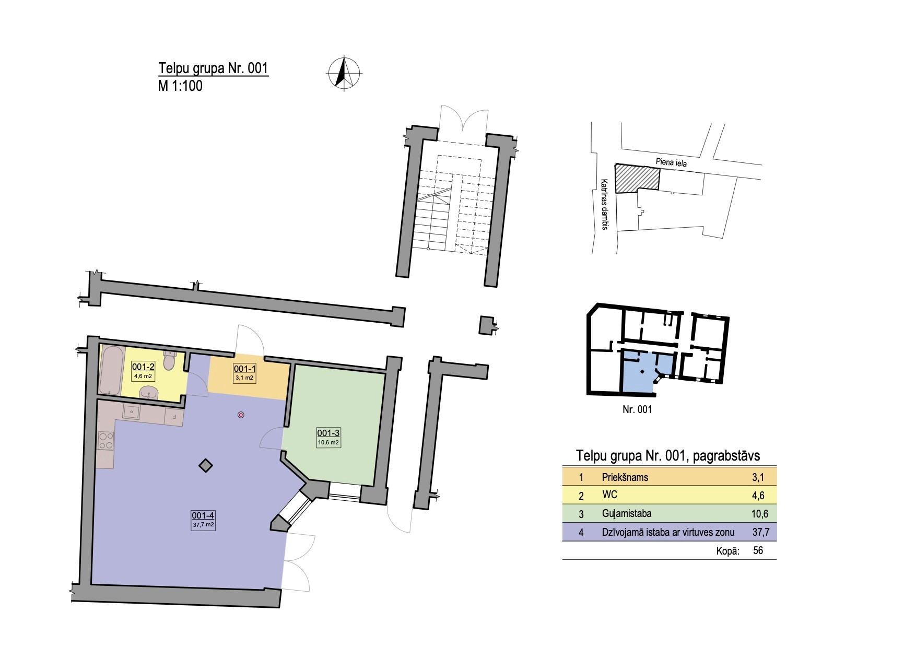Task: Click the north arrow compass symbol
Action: tap(344, 73)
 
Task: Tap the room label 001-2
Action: tap(143, 367)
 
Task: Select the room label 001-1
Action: tap(244, 368)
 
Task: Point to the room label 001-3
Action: tap(328, 433)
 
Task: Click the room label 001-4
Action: tap(203, 514)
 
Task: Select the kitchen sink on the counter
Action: tap(132, 413)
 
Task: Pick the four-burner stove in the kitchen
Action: tap(106, 440)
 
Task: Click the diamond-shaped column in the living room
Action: tap(206, 465)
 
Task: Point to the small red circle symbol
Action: tap(241, 415)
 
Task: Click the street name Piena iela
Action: tap(671, 162)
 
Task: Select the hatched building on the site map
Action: tap(637, 178)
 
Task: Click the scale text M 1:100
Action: tap(180, 86)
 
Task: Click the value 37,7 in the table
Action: tap(759, 532)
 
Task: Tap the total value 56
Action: tap(758, 550)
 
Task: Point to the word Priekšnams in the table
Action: tap(625, 477)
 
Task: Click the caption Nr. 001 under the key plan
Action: tap(637, 409)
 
